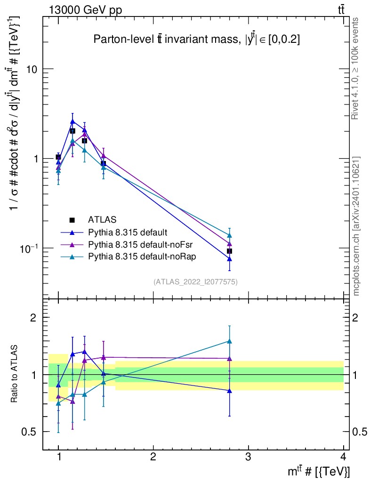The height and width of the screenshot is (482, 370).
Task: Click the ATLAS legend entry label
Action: click(102, 219)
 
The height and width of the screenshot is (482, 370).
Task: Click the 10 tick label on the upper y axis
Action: click(31, 69)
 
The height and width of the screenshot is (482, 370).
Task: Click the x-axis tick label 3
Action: click(248, 457)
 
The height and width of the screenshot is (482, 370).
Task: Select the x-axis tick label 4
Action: click(343, 457)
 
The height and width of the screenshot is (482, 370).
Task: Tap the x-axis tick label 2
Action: click(153, 457)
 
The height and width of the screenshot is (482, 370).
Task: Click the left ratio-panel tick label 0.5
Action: click(28, 432)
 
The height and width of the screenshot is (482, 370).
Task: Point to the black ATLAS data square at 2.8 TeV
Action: click(229, 251)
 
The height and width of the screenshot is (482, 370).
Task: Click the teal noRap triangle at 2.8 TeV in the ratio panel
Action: click(229, 341)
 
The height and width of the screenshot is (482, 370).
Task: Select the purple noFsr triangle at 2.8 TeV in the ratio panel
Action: click(229, 359)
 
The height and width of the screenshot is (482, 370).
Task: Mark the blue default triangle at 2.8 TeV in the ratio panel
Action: click(229, 391)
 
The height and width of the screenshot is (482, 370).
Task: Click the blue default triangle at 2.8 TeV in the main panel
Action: click(229, 259)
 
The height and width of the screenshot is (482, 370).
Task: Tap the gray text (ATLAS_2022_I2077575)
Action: click(195, 282)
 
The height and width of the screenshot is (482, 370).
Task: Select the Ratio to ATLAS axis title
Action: click(15, 374)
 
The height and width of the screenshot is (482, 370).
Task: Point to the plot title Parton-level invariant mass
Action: click(197, 40)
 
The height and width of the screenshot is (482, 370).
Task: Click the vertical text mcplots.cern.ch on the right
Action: click(357, 225)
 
